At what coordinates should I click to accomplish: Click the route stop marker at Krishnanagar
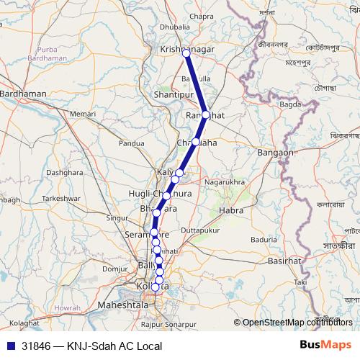point(186,53)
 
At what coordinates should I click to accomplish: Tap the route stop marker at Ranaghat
point(207,114)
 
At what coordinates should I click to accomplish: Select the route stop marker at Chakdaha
point(196,142)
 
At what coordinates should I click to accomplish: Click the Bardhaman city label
point(23,94)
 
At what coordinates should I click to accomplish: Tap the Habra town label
point(231,211)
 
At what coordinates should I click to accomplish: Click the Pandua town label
point(132,143)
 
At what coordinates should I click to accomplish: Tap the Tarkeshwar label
point(59,197)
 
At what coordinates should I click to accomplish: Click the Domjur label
point(114,268)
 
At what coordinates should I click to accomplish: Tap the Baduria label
point(264,239)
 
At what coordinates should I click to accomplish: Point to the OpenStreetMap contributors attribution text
point(297,323)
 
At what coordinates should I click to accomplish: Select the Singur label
point(117,217)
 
